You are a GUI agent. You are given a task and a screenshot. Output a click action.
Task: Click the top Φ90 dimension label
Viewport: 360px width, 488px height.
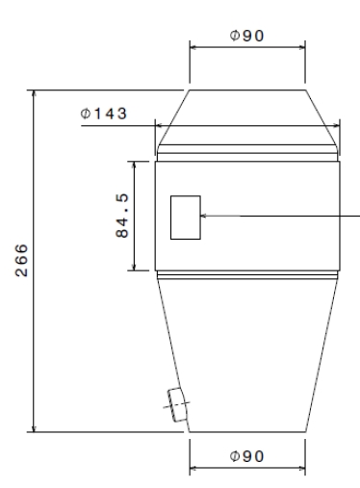[246, 36]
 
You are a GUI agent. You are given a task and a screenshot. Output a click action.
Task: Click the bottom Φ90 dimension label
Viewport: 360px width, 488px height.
[246, 455]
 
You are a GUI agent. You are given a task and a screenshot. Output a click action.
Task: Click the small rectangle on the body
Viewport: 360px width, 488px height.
[185, 217]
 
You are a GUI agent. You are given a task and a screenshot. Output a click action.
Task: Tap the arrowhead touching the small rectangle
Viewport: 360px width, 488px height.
[205, 217]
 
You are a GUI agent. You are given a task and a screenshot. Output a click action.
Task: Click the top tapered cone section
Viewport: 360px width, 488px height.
[247, 116]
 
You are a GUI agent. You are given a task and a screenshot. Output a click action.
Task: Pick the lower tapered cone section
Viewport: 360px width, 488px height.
[247, 356]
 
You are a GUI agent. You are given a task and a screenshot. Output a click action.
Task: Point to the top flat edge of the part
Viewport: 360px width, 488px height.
[247, 91]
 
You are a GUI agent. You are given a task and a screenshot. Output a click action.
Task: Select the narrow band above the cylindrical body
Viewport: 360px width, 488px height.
[247, 152]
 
